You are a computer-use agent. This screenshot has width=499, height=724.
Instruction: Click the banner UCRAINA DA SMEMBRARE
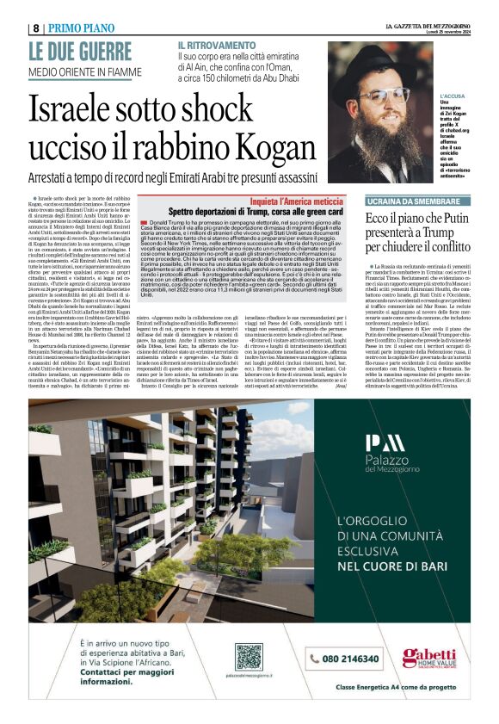[410, 200]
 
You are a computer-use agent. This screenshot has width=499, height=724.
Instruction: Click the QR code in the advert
[249, 657]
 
